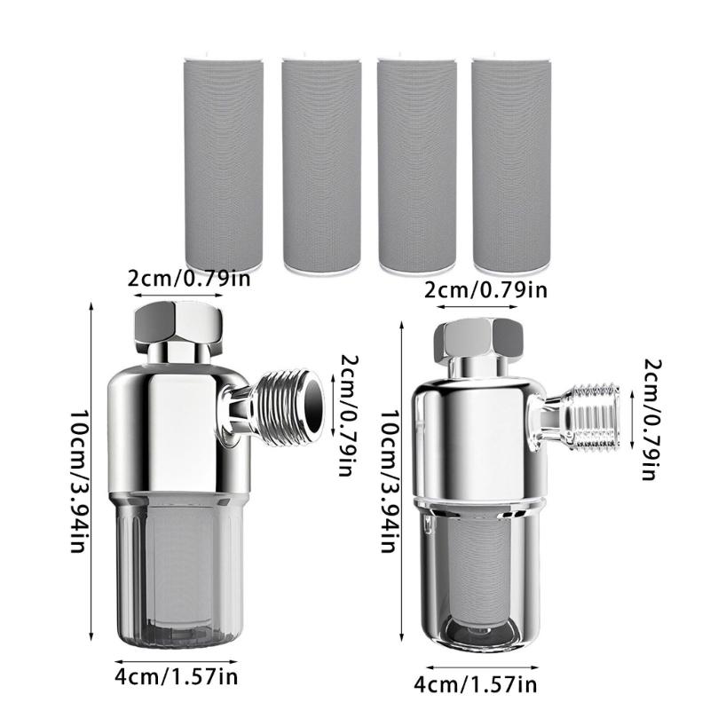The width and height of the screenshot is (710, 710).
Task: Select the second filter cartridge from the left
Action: click(320, 163)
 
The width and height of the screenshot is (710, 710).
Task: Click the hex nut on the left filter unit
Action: click(177, 326)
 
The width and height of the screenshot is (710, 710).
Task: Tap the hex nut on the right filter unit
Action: click(478, 339)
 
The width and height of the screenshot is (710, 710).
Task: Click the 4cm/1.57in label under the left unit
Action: click(177, 679)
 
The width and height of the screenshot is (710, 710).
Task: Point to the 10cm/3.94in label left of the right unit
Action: click(389, 479)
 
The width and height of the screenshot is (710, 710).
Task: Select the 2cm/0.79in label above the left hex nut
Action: click(184, 278)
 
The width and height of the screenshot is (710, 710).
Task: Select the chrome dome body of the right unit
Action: click(475, 435)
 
